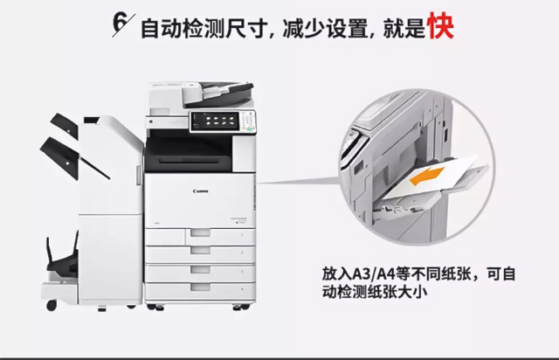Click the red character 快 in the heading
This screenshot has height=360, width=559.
[x=441, y=25]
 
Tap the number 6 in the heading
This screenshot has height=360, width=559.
[x=120, y=23]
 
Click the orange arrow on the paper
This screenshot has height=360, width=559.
[x=426, y=176]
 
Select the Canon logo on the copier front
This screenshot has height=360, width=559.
[x=201, y=191]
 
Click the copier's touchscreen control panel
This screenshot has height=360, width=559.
[x=215, y=121]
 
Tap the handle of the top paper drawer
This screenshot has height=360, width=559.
[x=200, y=233]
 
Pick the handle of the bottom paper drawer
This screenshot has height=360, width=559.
[x=200, y=287]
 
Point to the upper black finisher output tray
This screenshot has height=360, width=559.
[x=65, y=125]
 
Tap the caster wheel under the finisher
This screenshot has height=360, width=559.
[x=52, y=305]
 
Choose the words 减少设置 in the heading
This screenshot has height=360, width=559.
[x=325, y=29]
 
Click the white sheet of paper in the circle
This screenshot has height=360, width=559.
[x=432, y=177]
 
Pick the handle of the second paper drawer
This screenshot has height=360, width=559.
[x=200, y=251]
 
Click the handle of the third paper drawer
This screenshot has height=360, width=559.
[x=200, y=269]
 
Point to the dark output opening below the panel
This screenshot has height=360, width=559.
[x=189, y=151]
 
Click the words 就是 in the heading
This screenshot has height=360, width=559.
[x=404, y=29]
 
